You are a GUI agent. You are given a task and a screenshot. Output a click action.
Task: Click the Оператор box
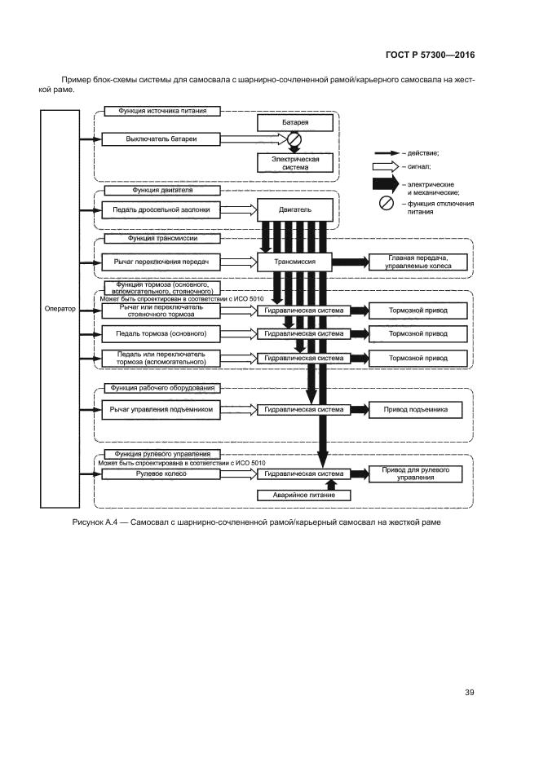coord(60,309)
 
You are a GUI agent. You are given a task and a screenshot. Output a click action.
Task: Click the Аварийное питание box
coord(295,496)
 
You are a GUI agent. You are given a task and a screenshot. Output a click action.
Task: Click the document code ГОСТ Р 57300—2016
coord(429,55)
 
